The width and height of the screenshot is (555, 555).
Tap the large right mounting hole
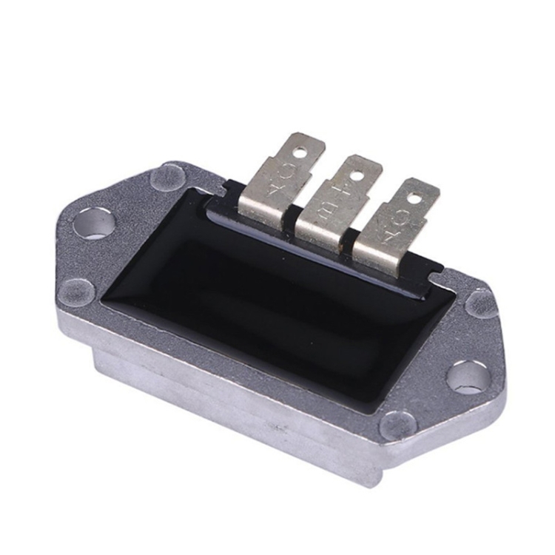click(469, 376)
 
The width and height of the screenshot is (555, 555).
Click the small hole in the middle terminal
click(356, 175)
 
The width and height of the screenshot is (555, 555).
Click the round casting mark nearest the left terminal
click(168, 178)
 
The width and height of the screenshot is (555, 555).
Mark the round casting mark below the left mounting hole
click(78, 292)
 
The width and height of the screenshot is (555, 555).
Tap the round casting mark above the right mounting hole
click(482, 304)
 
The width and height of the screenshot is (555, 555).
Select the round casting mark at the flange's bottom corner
click(397, 425)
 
